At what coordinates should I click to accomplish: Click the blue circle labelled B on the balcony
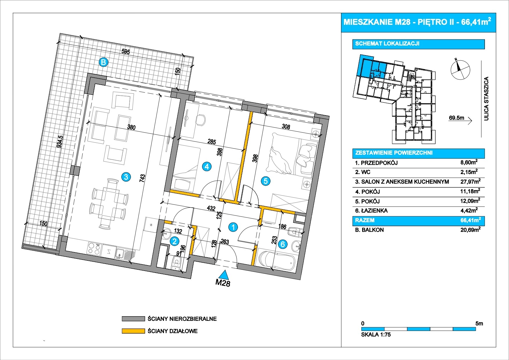coord(103,62)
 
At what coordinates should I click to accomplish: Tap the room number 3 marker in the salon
coord(126,177)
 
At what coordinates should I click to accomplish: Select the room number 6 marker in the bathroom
coord(283,244)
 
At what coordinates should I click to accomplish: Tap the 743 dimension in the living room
coord(142,178)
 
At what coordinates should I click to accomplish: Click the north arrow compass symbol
coord(460,70)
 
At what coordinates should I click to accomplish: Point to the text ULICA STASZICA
coord(487,99)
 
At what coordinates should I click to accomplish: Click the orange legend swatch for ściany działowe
coord(133,331)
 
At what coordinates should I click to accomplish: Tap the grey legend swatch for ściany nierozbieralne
coord(133,319)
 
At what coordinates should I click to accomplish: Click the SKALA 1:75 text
coord(376,334)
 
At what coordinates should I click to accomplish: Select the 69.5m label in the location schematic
coord(456,118)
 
